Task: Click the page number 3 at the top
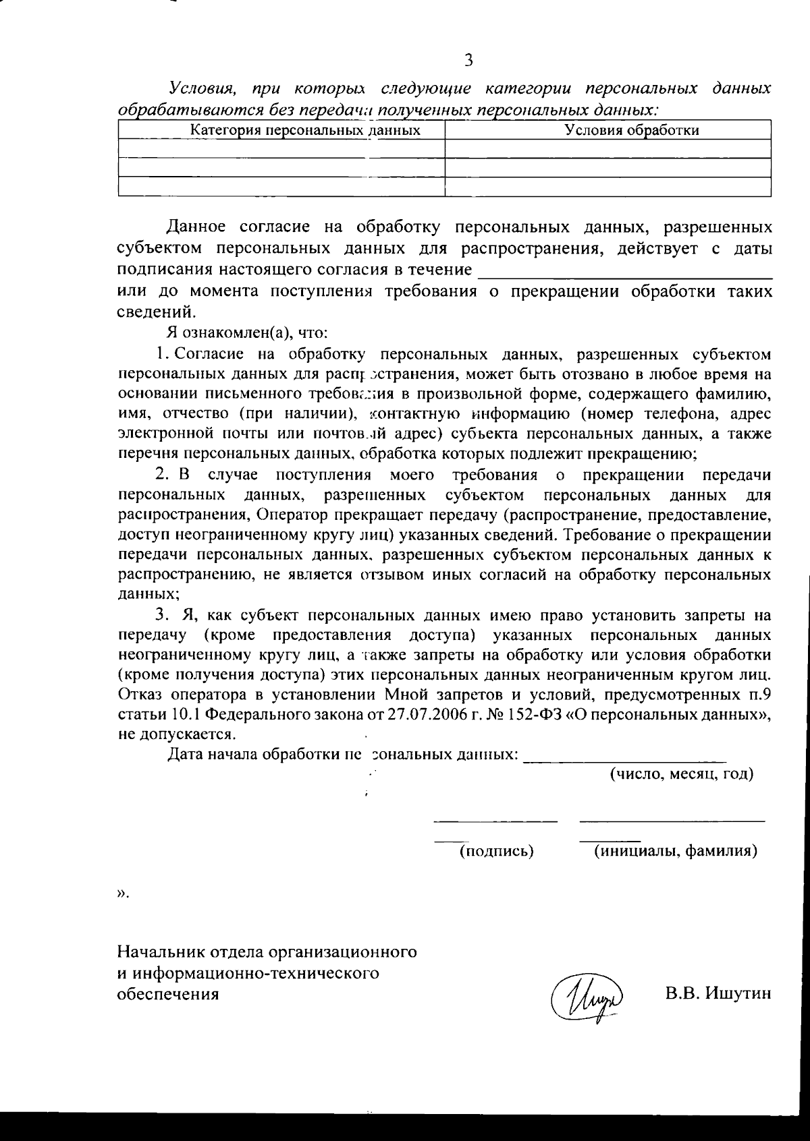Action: [468, 60]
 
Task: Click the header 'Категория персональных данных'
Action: [305, 130]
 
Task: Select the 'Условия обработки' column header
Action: [631, 130]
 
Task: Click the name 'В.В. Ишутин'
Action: [718, 993]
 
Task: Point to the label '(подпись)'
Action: [496, 851]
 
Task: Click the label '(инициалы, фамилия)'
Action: [675, 851]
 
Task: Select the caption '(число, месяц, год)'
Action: [682, 773]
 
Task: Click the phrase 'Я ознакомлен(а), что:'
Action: [248, 332]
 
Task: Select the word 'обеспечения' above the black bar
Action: [168, 994]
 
